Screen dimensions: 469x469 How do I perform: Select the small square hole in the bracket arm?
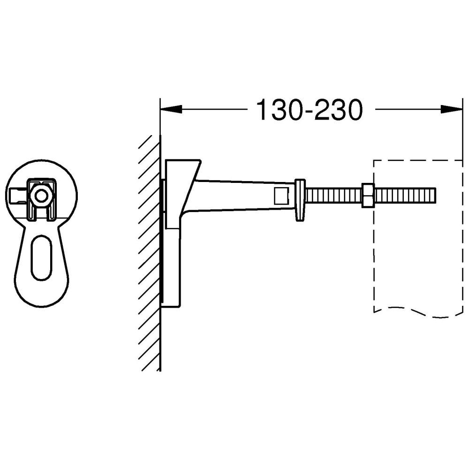(281, 196)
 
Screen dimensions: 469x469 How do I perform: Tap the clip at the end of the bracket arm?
(300, 199)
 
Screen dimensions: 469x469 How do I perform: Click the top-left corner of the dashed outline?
(374, 160)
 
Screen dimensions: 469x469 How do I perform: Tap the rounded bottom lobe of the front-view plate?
(42, 295)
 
